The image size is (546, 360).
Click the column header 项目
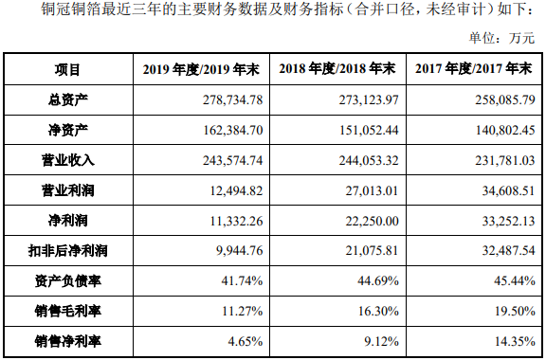(x=68, y=70)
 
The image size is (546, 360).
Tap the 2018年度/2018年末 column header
(x=337, y=70)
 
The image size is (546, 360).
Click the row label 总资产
(x=68, y=99)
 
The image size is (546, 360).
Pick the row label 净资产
(x=68, y=130)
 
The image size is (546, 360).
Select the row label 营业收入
(x=68, y=160)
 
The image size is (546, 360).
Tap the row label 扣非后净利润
(x=68, y=251)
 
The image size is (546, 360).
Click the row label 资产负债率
(x=68, y=281)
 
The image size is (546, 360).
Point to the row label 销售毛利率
(x=68, y=312)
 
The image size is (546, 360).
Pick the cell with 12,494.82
(x=232, y=190)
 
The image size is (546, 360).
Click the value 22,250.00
(x=367, y=221)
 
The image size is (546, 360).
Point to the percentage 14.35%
(x=512, y=342)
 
